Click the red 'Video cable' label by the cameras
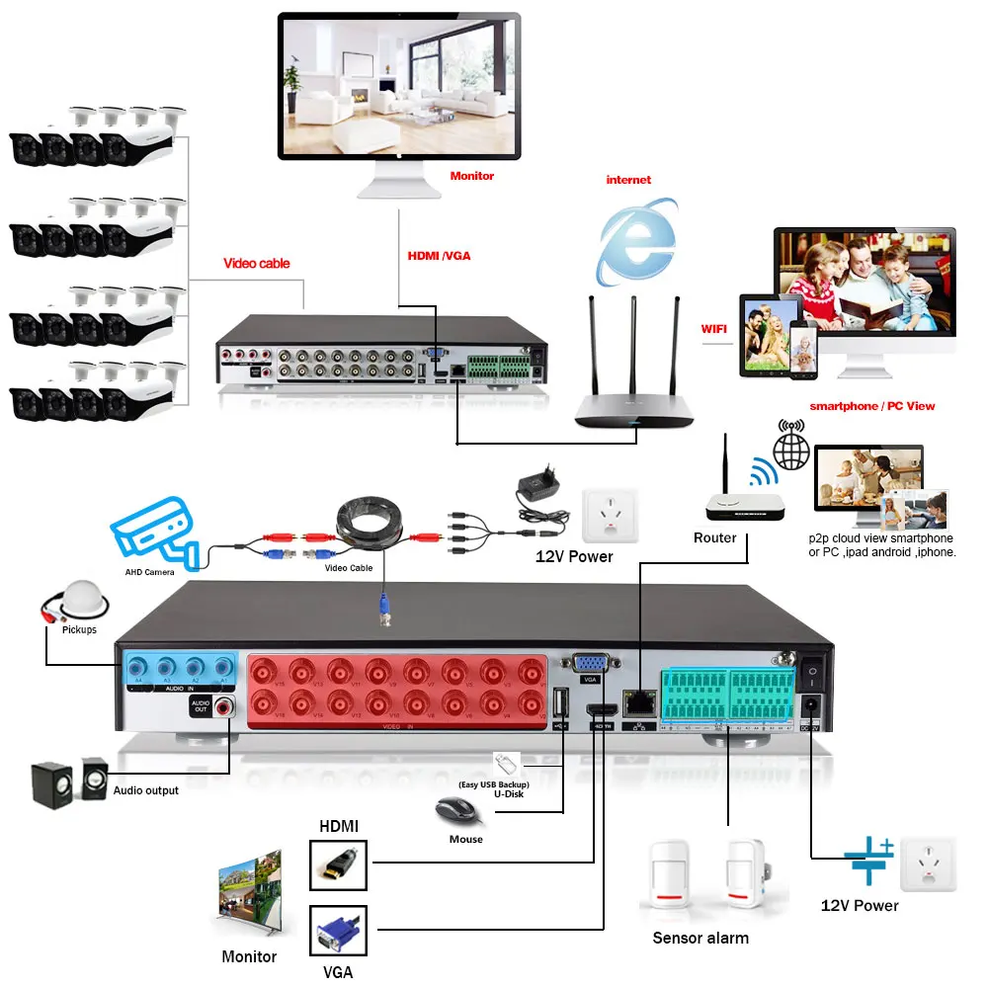tap(257, 264)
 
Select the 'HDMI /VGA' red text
tap(439, 256)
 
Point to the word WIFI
tap(713, 328)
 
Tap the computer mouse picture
tap(459, 812)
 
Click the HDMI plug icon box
tap(338, 866)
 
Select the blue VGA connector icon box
tap(338, 932)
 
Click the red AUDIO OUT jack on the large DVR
tap(228, 706)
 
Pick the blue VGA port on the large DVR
tap(591, 665)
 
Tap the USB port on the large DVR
tap(562, 703)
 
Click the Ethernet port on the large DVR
tap(635, 704)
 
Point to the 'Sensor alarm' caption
tap(700, 938)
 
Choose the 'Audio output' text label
tap(146, 790)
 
